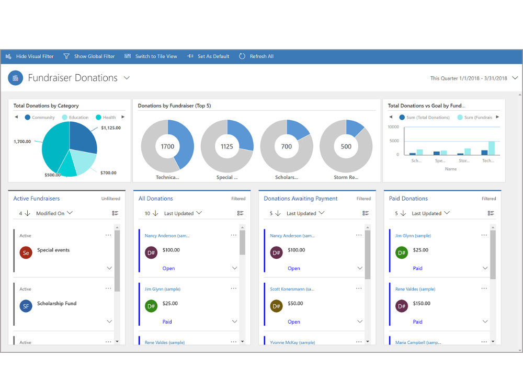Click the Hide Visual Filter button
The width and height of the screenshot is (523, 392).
pyautogui.click(x=30, y=56)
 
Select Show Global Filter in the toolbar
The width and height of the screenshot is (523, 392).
pyautogui.click(x=89, y=56)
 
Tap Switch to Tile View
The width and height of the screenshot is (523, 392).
pyautogui.click(x=151, y=56)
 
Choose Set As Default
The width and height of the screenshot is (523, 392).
pyautogui.click(x=209, y=56)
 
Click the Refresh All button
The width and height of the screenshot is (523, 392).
pyautogui.click(x=256, y=56)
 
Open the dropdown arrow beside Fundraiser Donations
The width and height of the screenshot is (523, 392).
pyautogui.click(x=127, y=78)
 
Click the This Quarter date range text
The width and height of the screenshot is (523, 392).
pyautogui.click(x=469, y=78)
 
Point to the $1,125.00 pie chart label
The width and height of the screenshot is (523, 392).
pyautogui.click(x=111, y=128)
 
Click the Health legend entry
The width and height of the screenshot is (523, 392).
pyautogui.click(x=106, y=117)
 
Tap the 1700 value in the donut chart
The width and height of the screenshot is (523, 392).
pyautogui.click(x=167, y=147)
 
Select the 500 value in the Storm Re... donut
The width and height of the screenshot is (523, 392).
pyautogui.click(x=346, y=147)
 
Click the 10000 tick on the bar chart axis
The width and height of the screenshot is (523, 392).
pyautogui.click(x=393, y=127)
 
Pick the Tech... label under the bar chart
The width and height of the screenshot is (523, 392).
pyautogui.click(x=488, y=160)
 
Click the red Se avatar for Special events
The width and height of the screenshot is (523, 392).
pyautogui.click(x=26, y=253)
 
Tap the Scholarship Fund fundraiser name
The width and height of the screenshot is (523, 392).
pyautogui.click(x=56, y=303)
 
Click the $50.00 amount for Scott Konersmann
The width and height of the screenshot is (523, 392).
pyautogui.click(x=295, y=303)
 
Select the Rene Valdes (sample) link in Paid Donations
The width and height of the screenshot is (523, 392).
pyautogui.click(x=415, y=289)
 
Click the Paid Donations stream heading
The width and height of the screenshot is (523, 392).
pyautogui.click(x=408, y=198)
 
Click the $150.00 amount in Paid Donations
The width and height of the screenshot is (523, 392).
pyautogui.click(x=422, y=303)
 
